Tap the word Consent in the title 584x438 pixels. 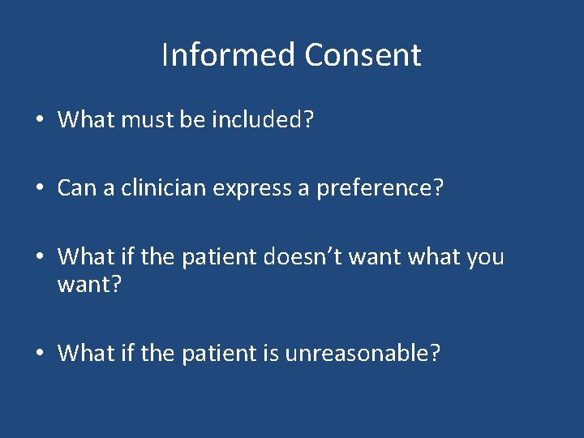(363, 55)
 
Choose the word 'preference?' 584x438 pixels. (380, 188)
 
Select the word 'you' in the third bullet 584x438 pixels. (485, 257)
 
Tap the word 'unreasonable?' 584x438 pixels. (363, 353)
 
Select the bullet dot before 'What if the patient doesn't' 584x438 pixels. (40, 258)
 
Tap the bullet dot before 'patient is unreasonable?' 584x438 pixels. (40, 354)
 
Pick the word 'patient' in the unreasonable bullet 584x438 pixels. (218, 353)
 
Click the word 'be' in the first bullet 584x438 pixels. (191, 120)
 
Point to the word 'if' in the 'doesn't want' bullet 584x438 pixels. (125, 257)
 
